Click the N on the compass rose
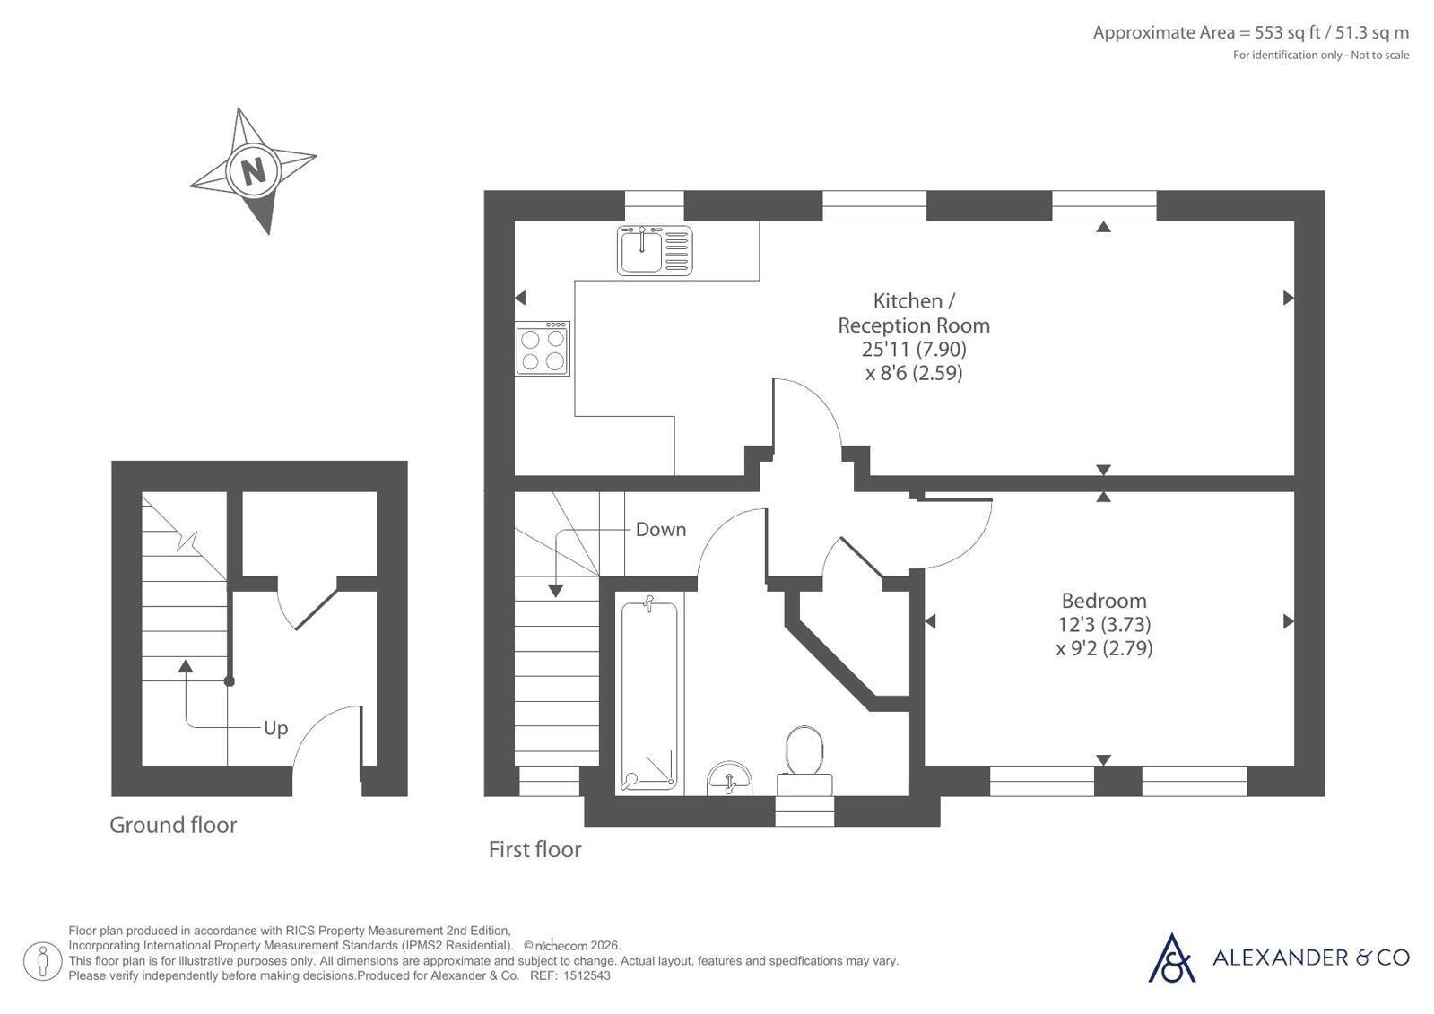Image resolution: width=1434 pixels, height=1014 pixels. pos(254,171)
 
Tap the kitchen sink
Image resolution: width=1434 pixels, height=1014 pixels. pos(655,250)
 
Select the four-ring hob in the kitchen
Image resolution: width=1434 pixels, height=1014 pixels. pos(543,348)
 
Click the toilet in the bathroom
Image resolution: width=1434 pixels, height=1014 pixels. pos(804,760)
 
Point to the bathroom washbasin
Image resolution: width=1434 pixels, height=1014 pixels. pos(729,778)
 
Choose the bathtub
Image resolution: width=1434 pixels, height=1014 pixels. pos(648,695)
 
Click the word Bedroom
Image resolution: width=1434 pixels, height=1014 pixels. pos(1104,601)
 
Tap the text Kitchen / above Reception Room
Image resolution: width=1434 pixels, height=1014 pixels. pos(914,301)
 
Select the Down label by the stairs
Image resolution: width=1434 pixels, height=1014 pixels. pos(661,529)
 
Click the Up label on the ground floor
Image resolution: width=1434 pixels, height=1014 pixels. pos(276,729)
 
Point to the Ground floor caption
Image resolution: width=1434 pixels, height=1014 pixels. pos(173,825)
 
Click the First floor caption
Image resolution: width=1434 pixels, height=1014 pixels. pos(534,849)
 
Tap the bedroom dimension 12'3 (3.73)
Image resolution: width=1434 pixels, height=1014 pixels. pos(1104,624)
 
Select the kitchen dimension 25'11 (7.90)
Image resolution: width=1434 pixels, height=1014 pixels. pos(914,349)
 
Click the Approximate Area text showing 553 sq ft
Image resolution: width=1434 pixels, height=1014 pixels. pos(1251,32)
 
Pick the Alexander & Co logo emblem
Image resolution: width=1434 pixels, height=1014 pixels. pos(1171,958)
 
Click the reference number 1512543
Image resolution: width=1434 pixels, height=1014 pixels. pos(587,975)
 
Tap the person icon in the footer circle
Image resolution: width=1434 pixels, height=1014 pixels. pos(43,961)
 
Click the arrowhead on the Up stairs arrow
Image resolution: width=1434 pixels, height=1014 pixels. pos(186,666)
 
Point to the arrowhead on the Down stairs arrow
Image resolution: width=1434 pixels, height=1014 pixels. pos(555,591)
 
